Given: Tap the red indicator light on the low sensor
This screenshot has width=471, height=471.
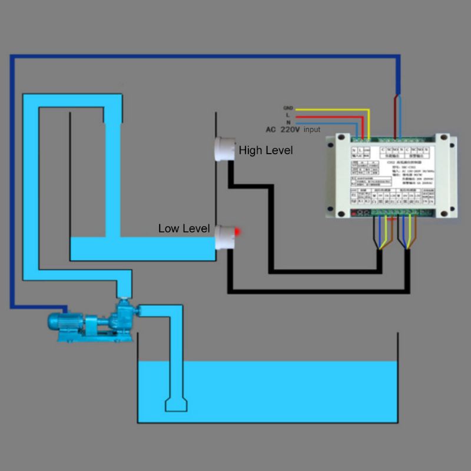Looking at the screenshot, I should point(237,231).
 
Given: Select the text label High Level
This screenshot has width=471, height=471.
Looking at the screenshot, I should point(266,151).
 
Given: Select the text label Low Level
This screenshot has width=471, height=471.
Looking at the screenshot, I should point(184,228).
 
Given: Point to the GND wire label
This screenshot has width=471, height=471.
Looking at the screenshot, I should point(288,108).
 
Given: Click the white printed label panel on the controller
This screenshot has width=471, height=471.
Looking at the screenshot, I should point(392,177).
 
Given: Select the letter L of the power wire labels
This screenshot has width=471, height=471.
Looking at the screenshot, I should point(288,115).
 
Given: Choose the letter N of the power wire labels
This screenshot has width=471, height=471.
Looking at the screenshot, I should point(288,122).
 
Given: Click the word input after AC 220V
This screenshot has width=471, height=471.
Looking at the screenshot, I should point(312,130).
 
